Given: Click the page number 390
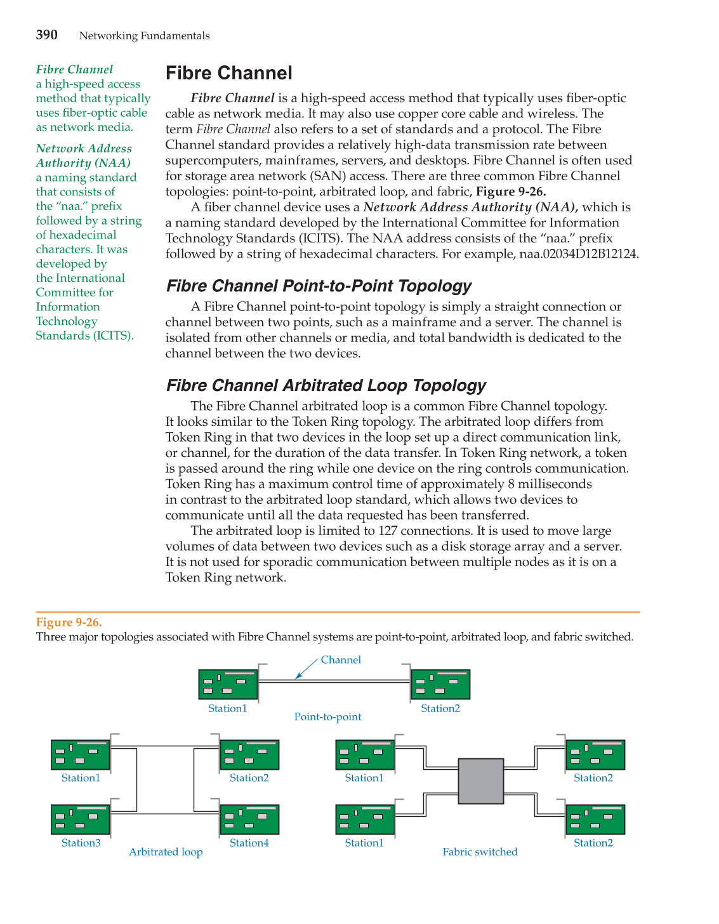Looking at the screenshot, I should coord(46,35).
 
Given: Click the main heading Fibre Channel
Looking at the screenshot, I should coord(228,73).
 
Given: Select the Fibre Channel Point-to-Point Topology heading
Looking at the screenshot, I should coord(319,286).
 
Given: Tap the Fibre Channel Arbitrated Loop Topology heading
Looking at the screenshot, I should coord(326,386).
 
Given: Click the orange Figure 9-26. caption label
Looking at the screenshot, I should coord(69,623).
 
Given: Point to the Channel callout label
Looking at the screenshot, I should coord(341,660).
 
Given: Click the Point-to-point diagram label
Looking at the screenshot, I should coord(327,717).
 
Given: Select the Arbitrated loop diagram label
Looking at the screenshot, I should coord(166,852).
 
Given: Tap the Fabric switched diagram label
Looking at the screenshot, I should coord(480,852).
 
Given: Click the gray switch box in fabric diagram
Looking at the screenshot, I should coord(480,781).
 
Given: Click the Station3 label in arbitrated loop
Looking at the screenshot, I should coord(81,843).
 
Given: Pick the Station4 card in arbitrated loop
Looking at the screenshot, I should coord(249,820).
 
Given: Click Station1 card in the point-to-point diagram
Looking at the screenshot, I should coord(228,685).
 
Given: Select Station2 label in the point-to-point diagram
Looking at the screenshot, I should coord(440,709).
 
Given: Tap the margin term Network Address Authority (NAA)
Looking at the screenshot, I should coord(84,155).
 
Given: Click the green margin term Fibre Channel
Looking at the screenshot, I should coord(74,70).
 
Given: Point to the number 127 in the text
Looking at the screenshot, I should coord(388,531).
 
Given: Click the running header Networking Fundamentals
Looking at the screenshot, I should coord(144,36).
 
